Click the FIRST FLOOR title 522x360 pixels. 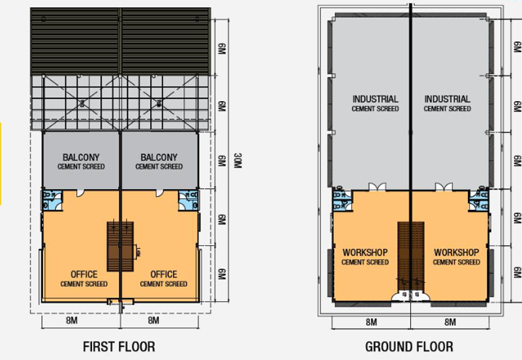coord(119,346)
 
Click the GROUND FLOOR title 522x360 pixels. coord(408,346)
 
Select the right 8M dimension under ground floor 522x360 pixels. coord(450,322)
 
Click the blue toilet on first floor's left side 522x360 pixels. coord(50,198)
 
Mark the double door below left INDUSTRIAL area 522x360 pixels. coord(375,188)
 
